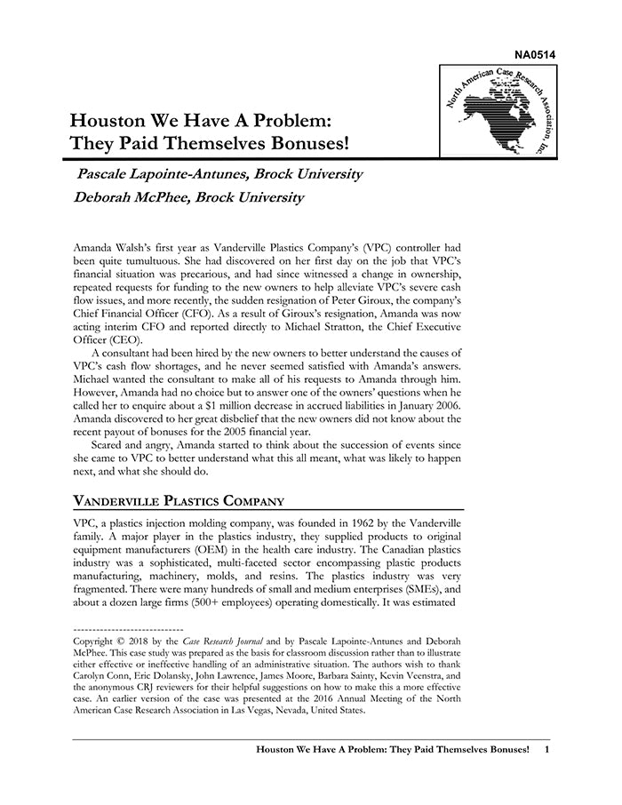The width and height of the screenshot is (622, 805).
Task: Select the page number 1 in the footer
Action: click(546, 750)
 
